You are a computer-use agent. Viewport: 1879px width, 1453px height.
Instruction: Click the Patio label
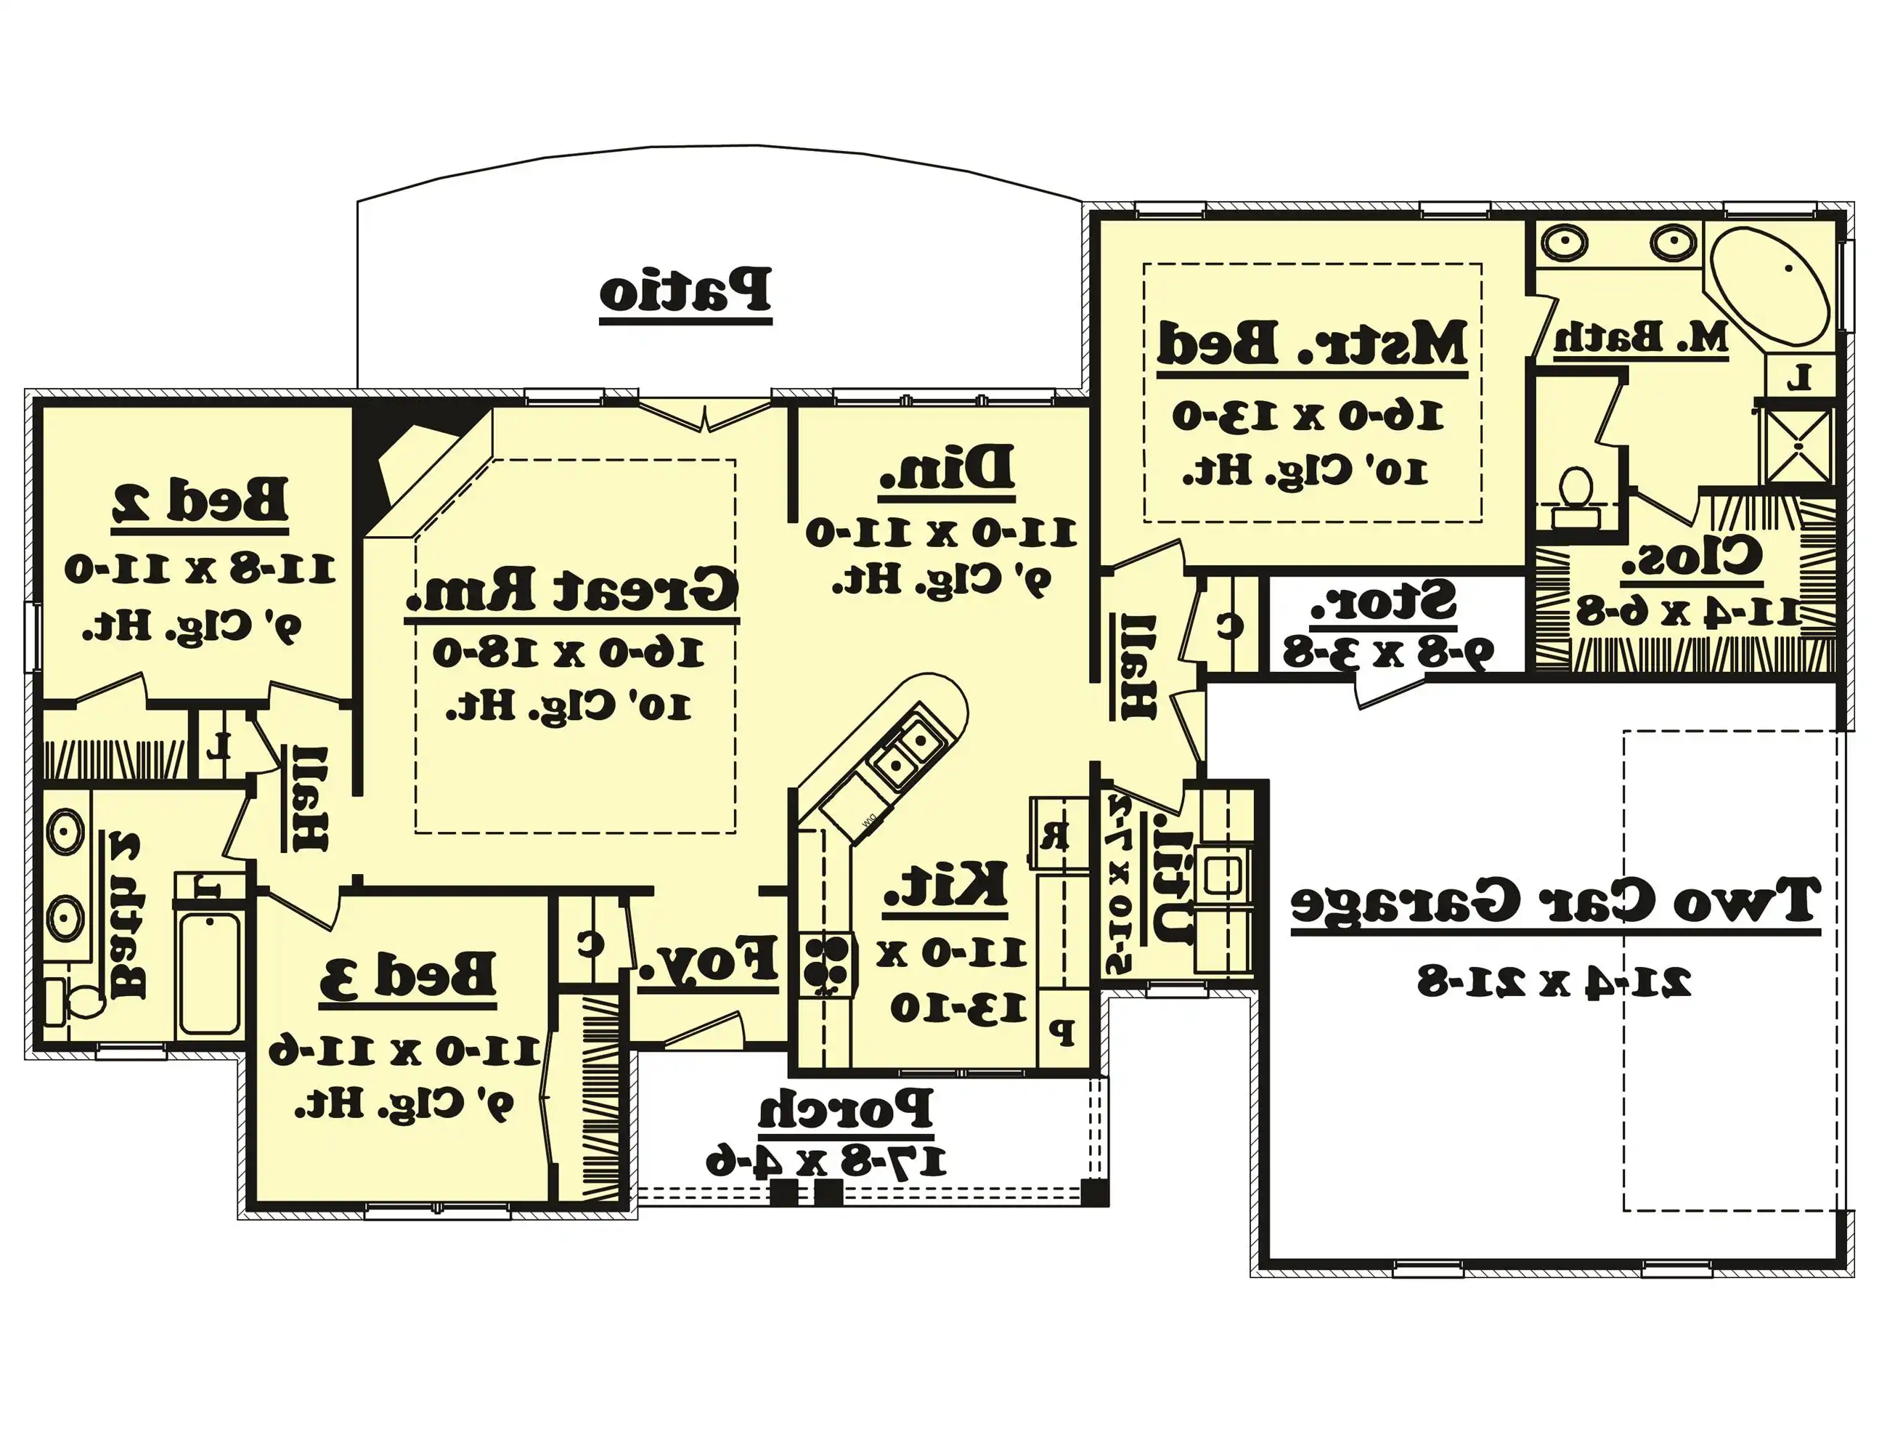[685, 291]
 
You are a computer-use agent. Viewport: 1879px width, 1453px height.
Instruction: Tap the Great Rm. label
[572, 590]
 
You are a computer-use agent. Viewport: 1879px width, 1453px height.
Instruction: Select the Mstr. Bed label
[1312, 344]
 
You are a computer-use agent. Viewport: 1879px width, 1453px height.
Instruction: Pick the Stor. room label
[1383, 601]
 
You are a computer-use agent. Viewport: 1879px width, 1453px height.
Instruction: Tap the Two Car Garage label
[1554, 902]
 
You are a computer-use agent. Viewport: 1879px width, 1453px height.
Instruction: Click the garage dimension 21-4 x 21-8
[1554, 982]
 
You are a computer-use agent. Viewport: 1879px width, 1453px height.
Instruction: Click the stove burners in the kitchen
[827, 964]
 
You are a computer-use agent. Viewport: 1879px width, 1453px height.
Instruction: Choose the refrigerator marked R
[1054, 834]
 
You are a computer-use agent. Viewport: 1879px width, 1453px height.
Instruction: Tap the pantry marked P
[1064, 1030]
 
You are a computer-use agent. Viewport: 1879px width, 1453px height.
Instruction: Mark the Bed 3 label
[408, 975]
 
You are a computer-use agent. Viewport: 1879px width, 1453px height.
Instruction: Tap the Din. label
[946, 469]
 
